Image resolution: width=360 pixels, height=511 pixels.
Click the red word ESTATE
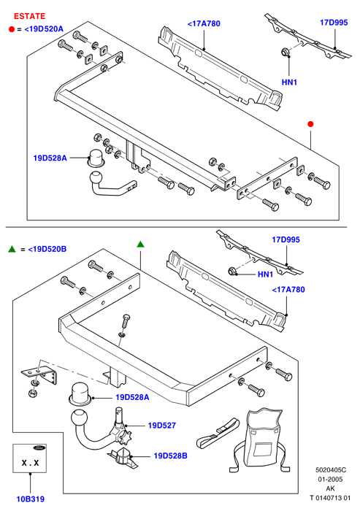pos(29,16)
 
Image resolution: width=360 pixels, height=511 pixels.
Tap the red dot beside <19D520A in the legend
pos(12,29)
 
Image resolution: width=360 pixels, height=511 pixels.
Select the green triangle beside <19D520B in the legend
pos(12,250)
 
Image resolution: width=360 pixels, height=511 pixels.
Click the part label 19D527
pos(161,426)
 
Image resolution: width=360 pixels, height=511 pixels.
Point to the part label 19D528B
pos(171,456)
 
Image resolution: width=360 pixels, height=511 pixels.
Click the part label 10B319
pos(31,499)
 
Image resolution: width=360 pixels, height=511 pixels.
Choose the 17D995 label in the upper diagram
pos(334,23)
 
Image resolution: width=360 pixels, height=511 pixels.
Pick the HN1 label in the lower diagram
pos(265,274)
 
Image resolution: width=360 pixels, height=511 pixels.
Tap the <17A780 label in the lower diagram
pos(288,289)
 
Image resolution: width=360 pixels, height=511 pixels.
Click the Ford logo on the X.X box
pos(39,447)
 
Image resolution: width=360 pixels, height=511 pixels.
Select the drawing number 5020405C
pos(331,470)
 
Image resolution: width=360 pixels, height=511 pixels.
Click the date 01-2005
pos(330,479)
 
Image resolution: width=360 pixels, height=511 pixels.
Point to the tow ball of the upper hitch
pos(96,178)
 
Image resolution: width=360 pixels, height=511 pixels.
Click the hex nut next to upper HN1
pos(284,52)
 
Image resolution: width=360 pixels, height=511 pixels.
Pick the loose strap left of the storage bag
pos(217,433)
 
